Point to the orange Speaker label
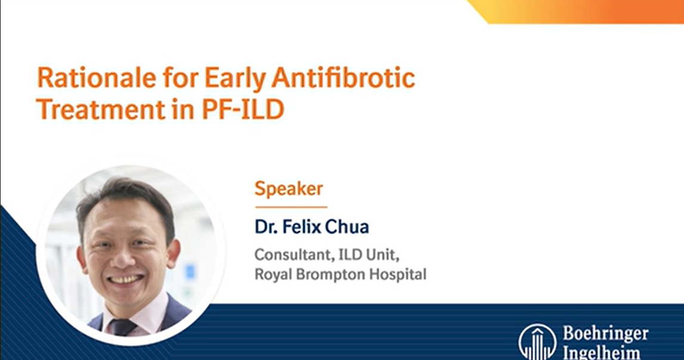pyautogui.click(x=289, y=189)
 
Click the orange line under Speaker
pyautogui.click(x=291, y=206)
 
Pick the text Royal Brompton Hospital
pyautogui.click(x=340, y=275)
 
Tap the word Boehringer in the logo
pyautogui.click(x=605, y=333)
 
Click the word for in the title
pyautogui.click(x=178, y=79)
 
